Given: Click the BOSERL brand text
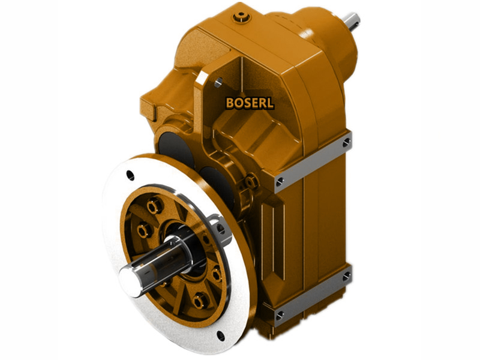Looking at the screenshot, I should (x=250, y=103).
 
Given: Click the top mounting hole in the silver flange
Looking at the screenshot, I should (x=130, y=175).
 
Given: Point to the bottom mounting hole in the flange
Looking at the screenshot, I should (x=221, y=337).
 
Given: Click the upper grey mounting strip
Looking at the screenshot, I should (x=312, y=162).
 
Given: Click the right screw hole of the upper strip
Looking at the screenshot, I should (x=346, y=142).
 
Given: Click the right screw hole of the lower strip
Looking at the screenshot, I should (x=346, y=276).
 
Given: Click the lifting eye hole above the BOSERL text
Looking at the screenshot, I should (x=218, y=82).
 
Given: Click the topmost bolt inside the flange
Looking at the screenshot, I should (x=154, y=206).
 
